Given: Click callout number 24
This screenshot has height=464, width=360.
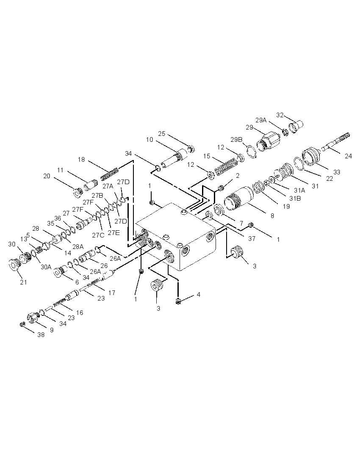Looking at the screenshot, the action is click(348, 156).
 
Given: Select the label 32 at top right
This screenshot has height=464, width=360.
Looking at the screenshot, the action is click(280, 115).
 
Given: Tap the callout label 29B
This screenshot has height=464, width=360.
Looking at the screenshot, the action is click(237, 139).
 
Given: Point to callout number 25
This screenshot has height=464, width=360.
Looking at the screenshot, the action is click(161, 134).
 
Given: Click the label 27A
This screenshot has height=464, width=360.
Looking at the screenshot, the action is click(108, 186).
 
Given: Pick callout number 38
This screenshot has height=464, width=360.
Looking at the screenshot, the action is click(41, 334).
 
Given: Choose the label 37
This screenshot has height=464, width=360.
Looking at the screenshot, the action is click(252, 238).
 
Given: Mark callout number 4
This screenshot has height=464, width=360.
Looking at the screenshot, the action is click(198, 294).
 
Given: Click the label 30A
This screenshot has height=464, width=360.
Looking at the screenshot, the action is click(46, 267).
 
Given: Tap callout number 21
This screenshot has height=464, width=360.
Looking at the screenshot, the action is click(23, 282).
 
